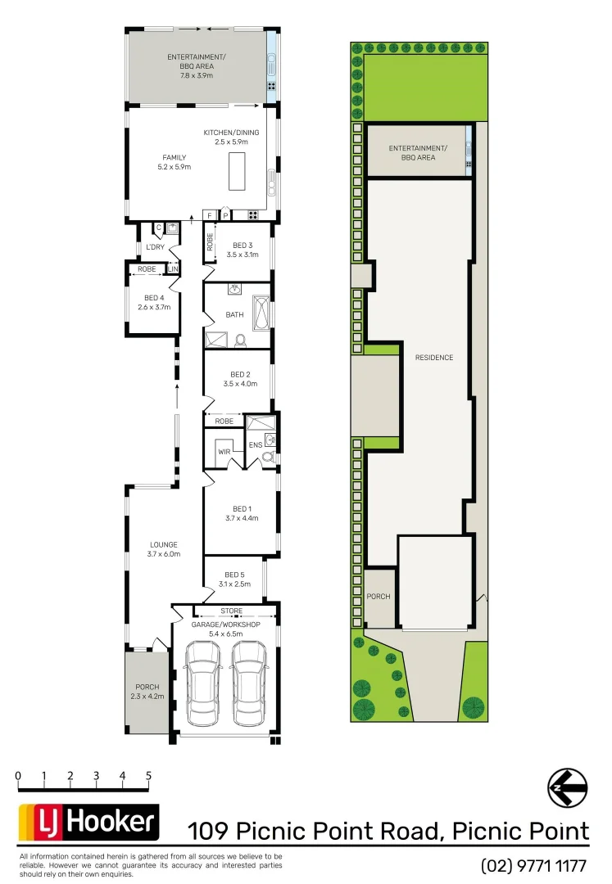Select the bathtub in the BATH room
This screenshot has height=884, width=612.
[x=261, y=313]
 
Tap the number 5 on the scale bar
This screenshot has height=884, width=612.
[x=148, y=775]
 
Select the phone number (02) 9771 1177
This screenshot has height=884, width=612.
[x=534, y=865]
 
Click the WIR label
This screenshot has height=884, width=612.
[x=224, y=452]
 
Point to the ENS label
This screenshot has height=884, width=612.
[x=255, y=446]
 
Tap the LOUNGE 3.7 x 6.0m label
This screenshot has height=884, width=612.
[x=163, y=549]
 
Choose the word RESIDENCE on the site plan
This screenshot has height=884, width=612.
[x=433, y=358]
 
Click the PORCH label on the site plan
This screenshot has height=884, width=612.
[x=379, y=597]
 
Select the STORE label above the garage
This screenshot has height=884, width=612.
[x=232, y=611]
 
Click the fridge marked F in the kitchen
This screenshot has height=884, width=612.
[x=211, y=215]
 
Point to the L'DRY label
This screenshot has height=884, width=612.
[x=155, y=246]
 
